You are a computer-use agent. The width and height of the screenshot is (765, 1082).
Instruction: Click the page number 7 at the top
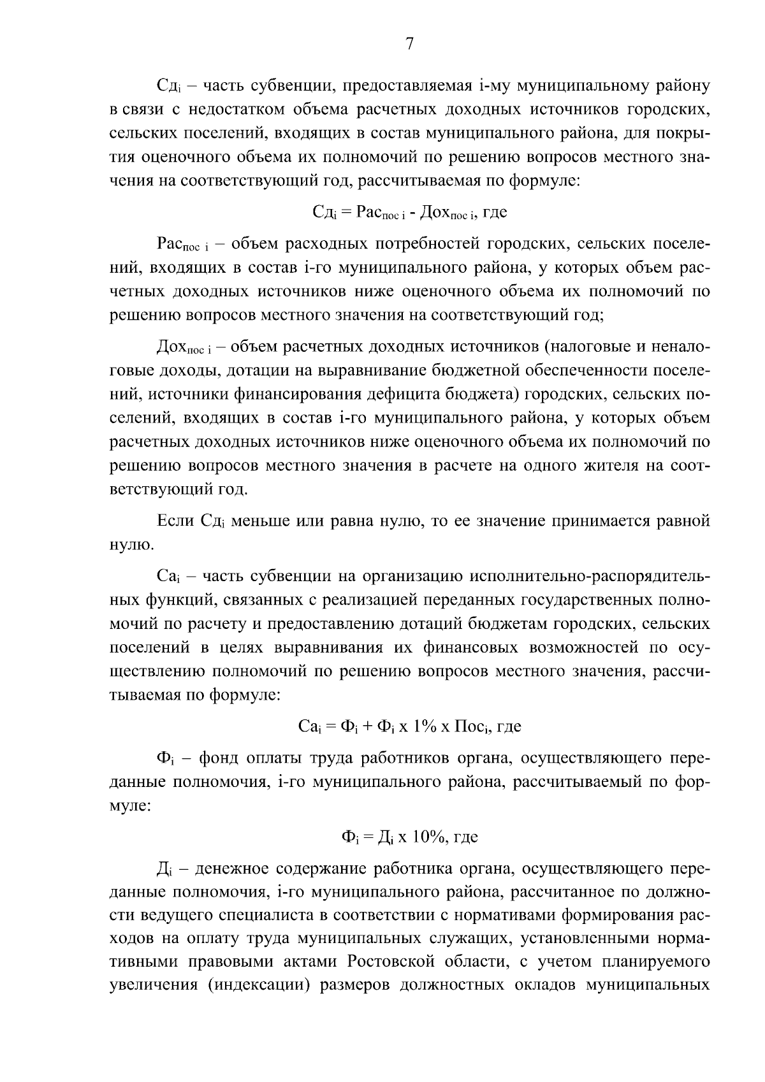[409, 43]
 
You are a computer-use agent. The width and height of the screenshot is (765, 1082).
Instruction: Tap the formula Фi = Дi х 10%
[409, 837]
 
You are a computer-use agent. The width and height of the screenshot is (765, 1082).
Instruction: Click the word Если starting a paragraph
[175, 521]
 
